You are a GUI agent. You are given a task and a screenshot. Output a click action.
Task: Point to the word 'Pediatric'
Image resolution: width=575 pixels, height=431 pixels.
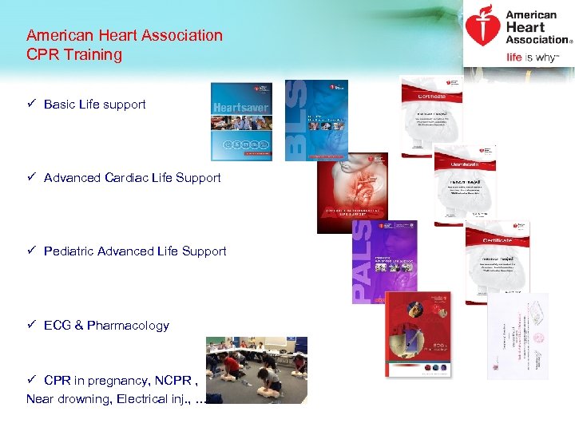(x=69, y=251)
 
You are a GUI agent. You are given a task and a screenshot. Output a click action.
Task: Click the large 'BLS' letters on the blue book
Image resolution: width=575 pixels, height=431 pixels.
(x=295, y=120)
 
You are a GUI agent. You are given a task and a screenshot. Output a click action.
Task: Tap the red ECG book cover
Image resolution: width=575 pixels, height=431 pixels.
(x=418, y=334)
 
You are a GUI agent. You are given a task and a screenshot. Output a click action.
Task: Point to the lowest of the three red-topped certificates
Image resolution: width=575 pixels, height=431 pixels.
(x=497, y=259)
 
